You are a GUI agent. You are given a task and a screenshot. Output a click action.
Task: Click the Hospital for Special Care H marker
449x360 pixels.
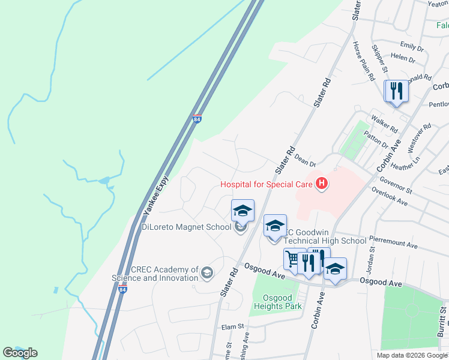tap(322, 184)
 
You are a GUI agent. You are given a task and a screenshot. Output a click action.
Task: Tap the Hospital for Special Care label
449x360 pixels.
tap(267, 184)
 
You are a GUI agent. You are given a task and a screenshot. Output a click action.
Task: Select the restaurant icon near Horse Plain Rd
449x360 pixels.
tap(396, 91)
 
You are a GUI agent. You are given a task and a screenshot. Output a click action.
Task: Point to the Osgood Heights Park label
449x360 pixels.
tap(277, 302)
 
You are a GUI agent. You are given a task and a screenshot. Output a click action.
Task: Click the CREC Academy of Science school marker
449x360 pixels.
tap(207, 273)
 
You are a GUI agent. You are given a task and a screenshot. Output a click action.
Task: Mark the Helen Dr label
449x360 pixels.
tap(403, 59)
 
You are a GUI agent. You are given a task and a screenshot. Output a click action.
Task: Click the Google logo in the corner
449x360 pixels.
tap(20, 353)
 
